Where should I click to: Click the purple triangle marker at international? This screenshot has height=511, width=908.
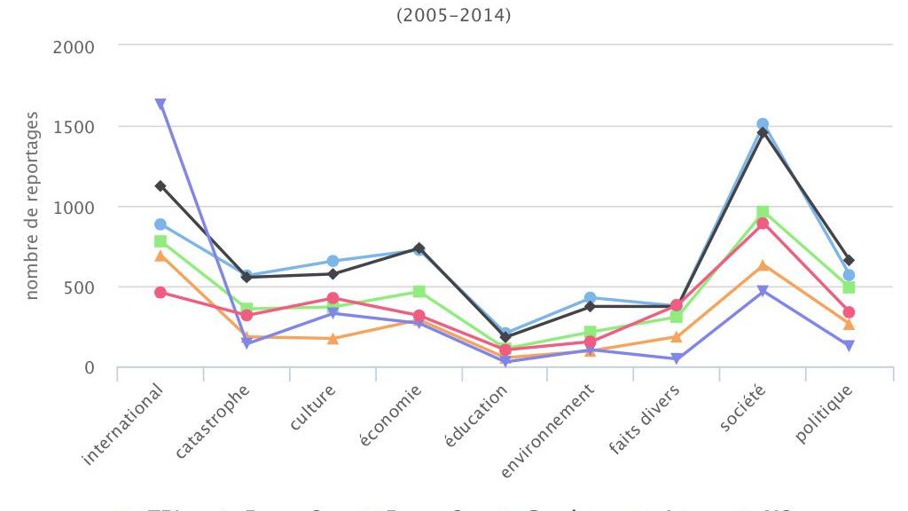[x=160, y=104]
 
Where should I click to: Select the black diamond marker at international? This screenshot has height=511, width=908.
[x=160, y=186]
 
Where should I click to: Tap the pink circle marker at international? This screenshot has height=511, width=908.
[x=160, y=292]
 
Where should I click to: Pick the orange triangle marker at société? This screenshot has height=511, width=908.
[x=763, y=265]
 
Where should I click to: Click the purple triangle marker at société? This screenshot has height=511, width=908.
[x=763, y=291]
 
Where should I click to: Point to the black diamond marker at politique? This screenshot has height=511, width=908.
[x=849, y=260]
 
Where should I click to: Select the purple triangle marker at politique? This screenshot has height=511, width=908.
[x=849, y=346]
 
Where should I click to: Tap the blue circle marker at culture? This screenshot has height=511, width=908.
[x=333, y=261]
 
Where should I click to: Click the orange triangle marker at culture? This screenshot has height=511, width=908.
[x=333, y=338]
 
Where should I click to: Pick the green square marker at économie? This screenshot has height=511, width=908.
[x=419, y=291]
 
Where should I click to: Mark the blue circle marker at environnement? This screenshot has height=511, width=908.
[x=591, y=298]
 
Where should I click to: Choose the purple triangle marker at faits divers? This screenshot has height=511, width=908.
[x=677, y=358]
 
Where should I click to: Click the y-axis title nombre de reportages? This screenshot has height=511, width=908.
[x=32, y=206]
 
